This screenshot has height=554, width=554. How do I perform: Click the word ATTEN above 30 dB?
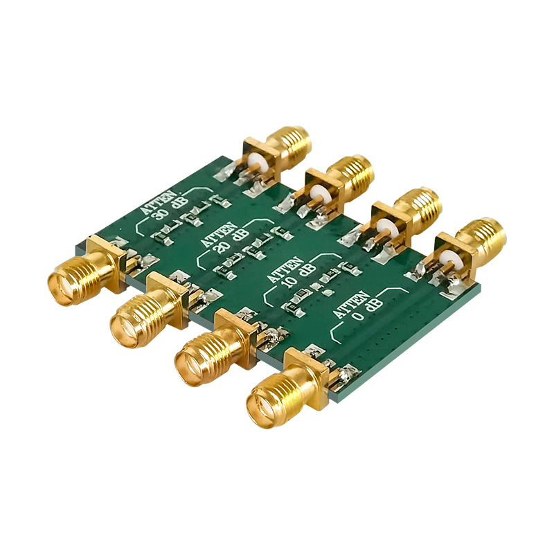(x=159, y=202)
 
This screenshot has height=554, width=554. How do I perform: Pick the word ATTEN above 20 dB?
(x=219, y=234)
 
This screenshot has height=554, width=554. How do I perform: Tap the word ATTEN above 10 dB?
(x=285, y=269)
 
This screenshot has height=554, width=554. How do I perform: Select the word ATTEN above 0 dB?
(x=350, y=304)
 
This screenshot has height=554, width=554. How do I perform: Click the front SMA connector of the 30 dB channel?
(x=87, y=270)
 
